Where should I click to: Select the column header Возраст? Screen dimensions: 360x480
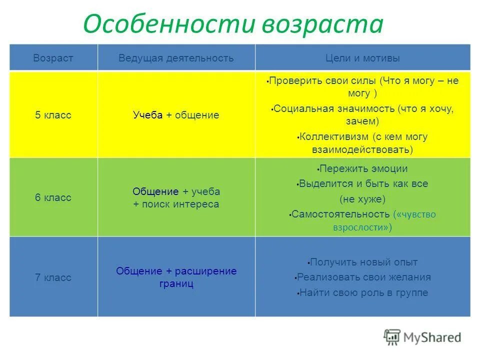(53, 58)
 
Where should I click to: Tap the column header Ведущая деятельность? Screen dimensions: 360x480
(176, 58)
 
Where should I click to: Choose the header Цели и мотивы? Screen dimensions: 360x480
(362, 58)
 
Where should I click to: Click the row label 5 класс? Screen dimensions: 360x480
(53, 115)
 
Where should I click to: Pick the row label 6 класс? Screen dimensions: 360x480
(53, 197)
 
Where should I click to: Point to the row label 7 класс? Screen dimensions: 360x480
(53, 277)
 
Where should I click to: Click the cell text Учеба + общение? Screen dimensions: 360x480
(176, 115)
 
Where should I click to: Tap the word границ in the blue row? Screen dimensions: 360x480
(176, 284)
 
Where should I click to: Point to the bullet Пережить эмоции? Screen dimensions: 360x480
(363, 168)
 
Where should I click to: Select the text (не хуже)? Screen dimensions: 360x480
(362, 199)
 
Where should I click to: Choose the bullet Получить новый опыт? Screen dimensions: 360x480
(363, 262)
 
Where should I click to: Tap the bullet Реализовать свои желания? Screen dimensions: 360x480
(363, 277)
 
